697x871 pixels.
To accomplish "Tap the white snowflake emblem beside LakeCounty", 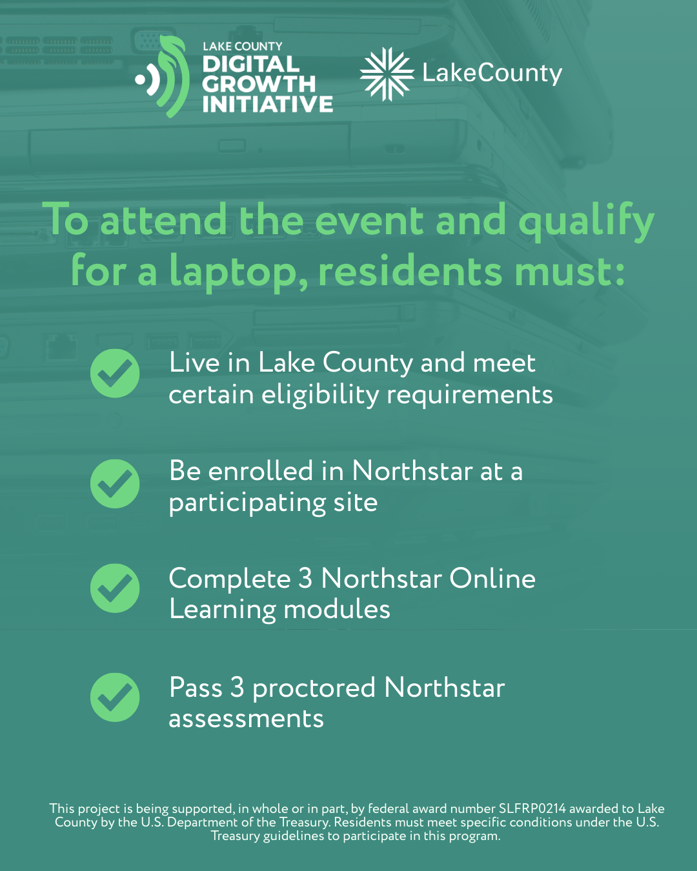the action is [387, 74].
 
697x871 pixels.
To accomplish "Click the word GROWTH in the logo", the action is [259, 84].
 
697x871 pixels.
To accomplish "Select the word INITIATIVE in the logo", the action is [268, 104].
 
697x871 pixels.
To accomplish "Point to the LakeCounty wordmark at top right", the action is [492, 74].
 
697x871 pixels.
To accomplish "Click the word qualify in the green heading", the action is [586, 221].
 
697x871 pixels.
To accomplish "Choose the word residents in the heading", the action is [410, 270].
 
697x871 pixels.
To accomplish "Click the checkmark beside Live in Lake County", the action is [115, 373].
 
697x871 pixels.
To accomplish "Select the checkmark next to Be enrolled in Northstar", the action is [115, 484].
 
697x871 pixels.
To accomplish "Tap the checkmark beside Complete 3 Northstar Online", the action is [115, 588].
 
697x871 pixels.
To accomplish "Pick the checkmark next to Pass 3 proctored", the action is [115, 697].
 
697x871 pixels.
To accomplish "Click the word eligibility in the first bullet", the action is [320, 395].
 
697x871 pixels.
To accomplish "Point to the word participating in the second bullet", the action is [247, 504].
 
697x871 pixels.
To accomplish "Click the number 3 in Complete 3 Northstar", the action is [305, 578].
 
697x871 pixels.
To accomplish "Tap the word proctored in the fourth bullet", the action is [314, 688].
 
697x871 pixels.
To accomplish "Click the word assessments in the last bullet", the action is [247, 719].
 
